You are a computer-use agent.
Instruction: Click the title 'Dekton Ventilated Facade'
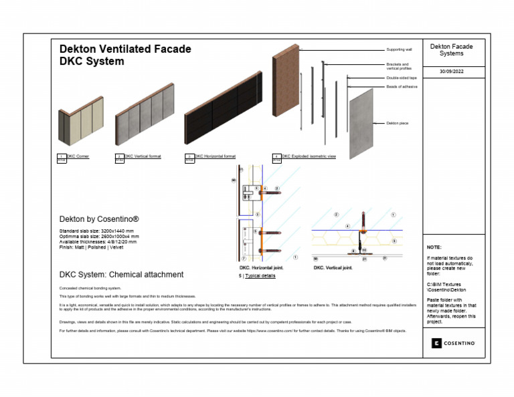(x=125, y=49)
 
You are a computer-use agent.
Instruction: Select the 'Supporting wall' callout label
(x=400, y=50)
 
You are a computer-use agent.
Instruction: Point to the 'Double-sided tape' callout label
(x=402, y=78)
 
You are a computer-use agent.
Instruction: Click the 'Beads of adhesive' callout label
(x=402, y=86)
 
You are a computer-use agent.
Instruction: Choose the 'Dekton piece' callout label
(x=398, y=123)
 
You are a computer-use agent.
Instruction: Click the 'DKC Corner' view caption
(x=78, y=156)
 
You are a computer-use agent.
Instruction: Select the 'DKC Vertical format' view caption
(x=143, y=156)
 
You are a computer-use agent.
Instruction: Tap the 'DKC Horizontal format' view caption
(x=215, y=156)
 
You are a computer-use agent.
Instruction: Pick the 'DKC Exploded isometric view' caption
(x=309, y=156)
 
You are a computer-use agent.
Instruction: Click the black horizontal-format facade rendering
(x=222, y=116)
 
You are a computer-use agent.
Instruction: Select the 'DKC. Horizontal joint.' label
(x=262, y=268)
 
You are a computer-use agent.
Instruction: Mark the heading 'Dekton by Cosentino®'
(x=99, y=219)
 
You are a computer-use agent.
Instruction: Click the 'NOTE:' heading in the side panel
(x=434, y=247)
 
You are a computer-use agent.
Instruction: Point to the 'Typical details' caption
(x=260, y=275)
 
